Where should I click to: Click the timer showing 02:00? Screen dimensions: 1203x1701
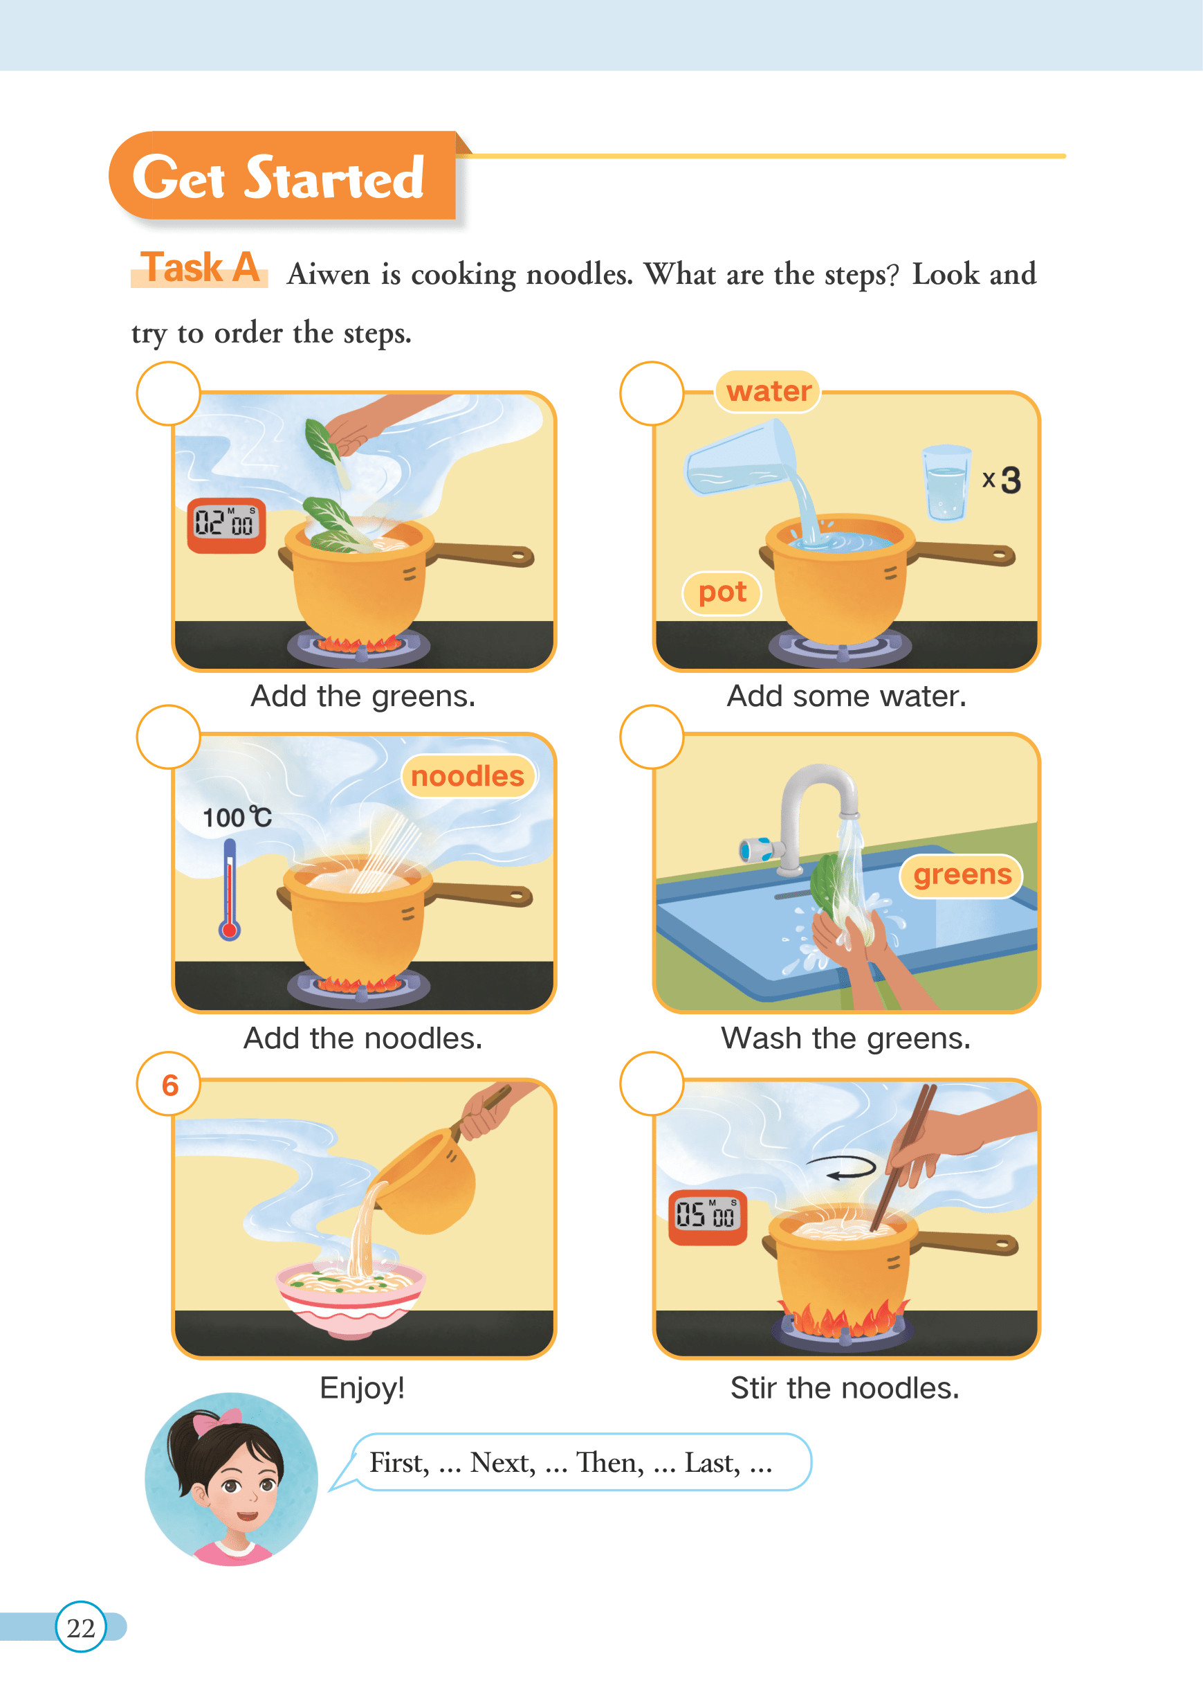pos(227,525)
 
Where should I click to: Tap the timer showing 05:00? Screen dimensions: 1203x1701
pos(708,1217)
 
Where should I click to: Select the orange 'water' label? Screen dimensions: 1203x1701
pos(768,391)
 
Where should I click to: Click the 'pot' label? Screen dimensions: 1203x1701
pos(722,593)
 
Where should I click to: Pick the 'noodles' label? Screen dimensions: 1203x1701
pos(468,776)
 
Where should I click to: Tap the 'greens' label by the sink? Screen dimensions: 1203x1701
pos(962,875)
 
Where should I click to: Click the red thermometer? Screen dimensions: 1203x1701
pos(230,889)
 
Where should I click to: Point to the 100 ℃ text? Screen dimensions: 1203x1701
pos(237,818)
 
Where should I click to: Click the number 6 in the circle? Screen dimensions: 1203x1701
pos(169,1085)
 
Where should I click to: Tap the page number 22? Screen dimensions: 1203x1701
pos(81,1628)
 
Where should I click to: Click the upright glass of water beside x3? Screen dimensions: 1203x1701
pos(946,483)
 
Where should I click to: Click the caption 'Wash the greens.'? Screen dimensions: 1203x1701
pos(846,1039)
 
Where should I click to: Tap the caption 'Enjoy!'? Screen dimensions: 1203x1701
pos(362,1387)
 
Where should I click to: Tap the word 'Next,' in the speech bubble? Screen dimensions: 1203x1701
pos(503,1463)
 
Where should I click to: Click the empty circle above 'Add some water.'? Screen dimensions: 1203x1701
pos(652,393)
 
